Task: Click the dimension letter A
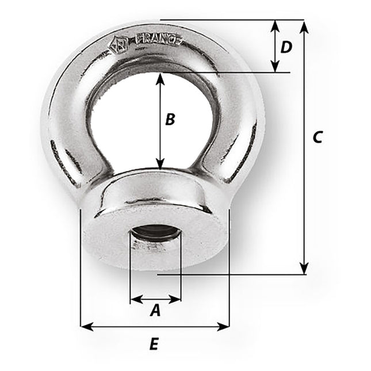click(154, 311)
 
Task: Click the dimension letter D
click(286, 47)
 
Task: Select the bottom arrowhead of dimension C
click(304, 269)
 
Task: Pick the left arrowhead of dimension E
click(85, 327)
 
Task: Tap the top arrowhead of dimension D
click(276, 25)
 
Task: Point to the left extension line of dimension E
click(80, 270)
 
